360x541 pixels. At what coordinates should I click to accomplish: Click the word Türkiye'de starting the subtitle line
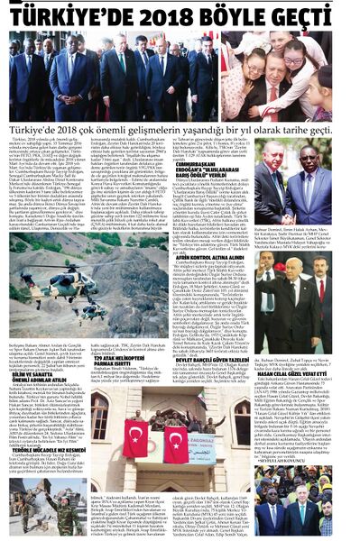(27, 130)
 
